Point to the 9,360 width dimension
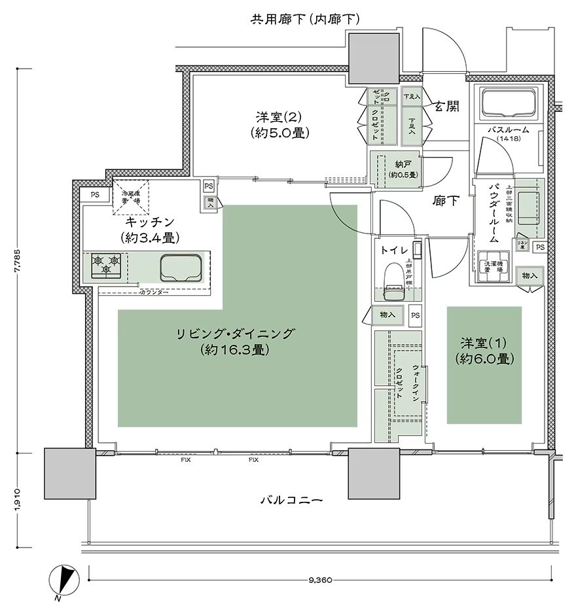tap(321, 582)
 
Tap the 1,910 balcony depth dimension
tap(17, 501)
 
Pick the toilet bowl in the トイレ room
tap(394, 277)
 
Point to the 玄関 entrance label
tap(446, 107)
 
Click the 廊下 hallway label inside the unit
tap(446, 202)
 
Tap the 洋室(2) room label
tap(280, 124)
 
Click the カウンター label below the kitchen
tap(154, 292)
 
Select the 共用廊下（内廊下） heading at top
tap(306, 20)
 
